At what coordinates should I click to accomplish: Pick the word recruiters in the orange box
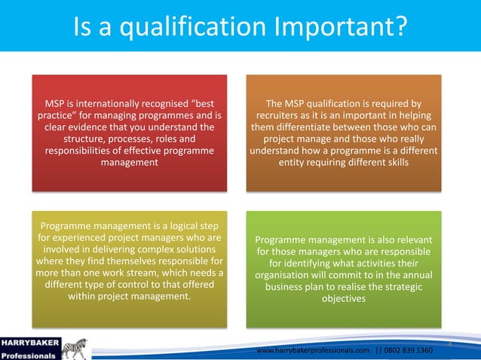(x=283, y=115)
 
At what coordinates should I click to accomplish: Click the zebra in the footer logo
(x=74, y=348)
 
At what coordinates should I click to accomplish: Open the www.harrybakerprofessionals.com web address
(x=314, y=351)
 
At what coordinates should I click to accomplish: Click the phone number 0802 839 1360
(x=407, y=351)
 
